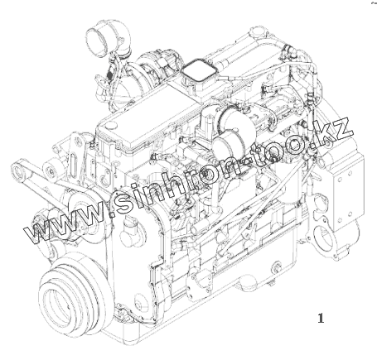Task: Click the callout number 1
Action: coord(321,318)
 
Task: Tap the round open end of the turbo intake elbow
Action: coord(96,40)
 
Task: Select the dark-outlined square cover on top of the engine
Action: coord(198,70)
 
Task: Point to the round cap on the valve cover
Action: coord(112,125)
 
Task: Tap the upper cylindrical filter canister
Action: coord(236,118)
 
